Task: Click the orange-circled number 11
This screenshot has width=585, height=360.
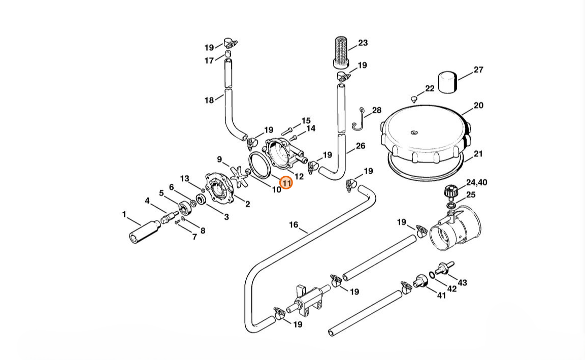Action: [286, 183]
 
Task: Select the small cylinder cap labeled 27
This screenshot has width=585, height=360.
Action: [447, 82]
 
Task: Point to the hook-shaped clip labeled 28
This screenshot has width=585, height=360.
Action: [359, 120]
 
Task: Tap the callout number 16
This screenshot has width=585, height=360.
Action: [294, 224]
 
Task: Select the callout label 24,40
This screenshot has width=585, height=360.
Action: [476, 182]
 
